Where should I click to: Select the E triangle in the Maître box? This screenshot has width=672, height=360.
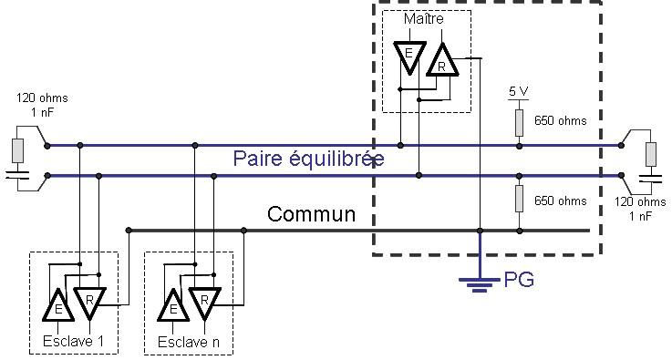(408, 57)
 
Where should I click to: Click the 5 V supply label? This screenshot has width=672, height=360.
(518, 92)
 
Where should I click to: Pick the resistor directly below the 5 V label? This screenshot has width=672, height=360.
(518, 120)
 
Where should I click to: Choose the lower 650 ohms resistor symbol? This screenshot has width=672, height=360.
(518, 198)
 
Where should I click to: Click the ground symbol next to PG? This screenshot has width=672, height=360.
(479, 283)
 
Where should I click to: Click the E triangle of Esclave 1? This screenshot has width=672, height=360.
(57, 307)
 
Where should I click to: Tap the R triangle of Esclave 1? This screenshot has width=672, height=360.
(91, 301)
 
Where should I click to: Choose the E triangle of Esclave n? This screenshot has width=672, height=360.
(171, 307)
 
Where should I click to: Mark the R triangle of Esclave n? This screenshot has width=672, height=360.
(205, 301)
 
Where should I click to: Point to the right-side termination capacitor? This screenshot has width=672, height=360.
(649, 179)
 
